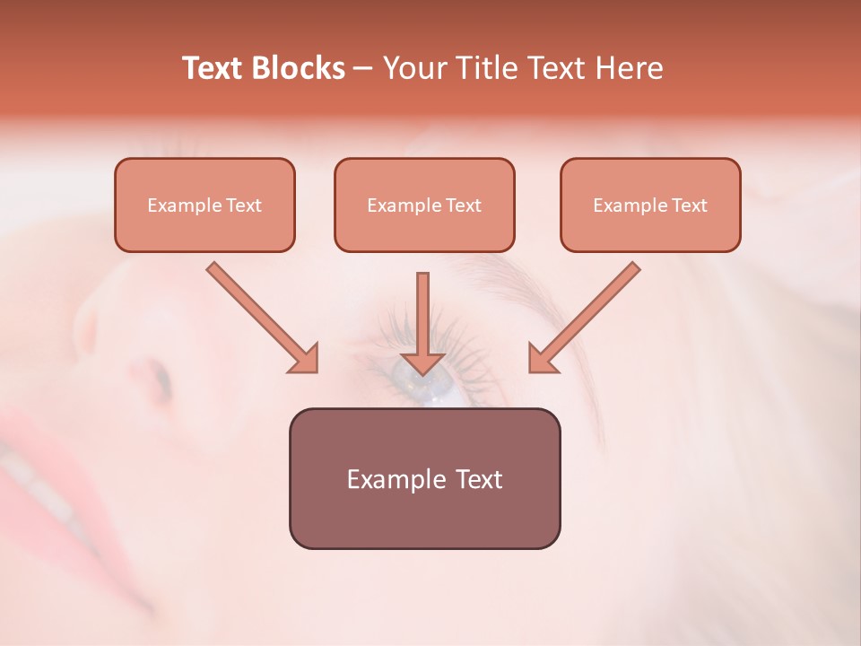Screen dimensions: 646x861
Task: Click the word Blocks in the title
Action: (x=300, y=68)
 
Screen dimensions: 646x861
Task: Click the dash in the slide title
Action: (x=364, y=68)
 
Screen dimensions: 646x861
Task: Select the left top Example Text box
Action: (x=204, y=205)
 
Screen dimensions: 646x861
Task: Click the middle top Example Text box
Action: (x=424, y=205)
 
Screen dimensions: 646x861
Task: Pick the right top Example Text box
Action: (x=650, y=205)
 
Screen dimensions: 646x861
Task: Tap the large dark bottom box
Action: (x=424, y=478)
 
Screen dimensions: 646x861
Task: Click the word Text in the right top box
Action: (x=689, y=205)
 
